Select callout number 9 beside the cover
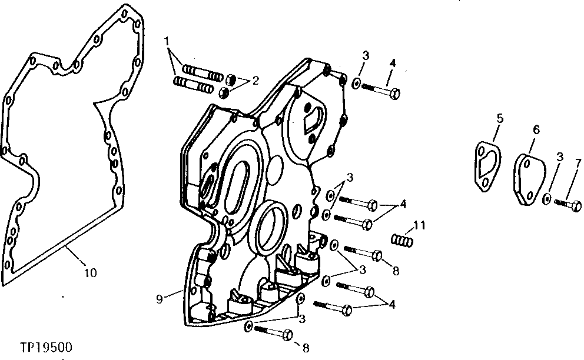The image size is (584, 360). coord(160,298)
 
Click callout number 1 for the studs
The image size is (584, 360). coord(167,42)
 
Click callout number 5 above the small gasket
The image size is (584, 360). coord(500,119)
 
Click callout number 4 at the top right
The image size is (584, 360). coord(392,62)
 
